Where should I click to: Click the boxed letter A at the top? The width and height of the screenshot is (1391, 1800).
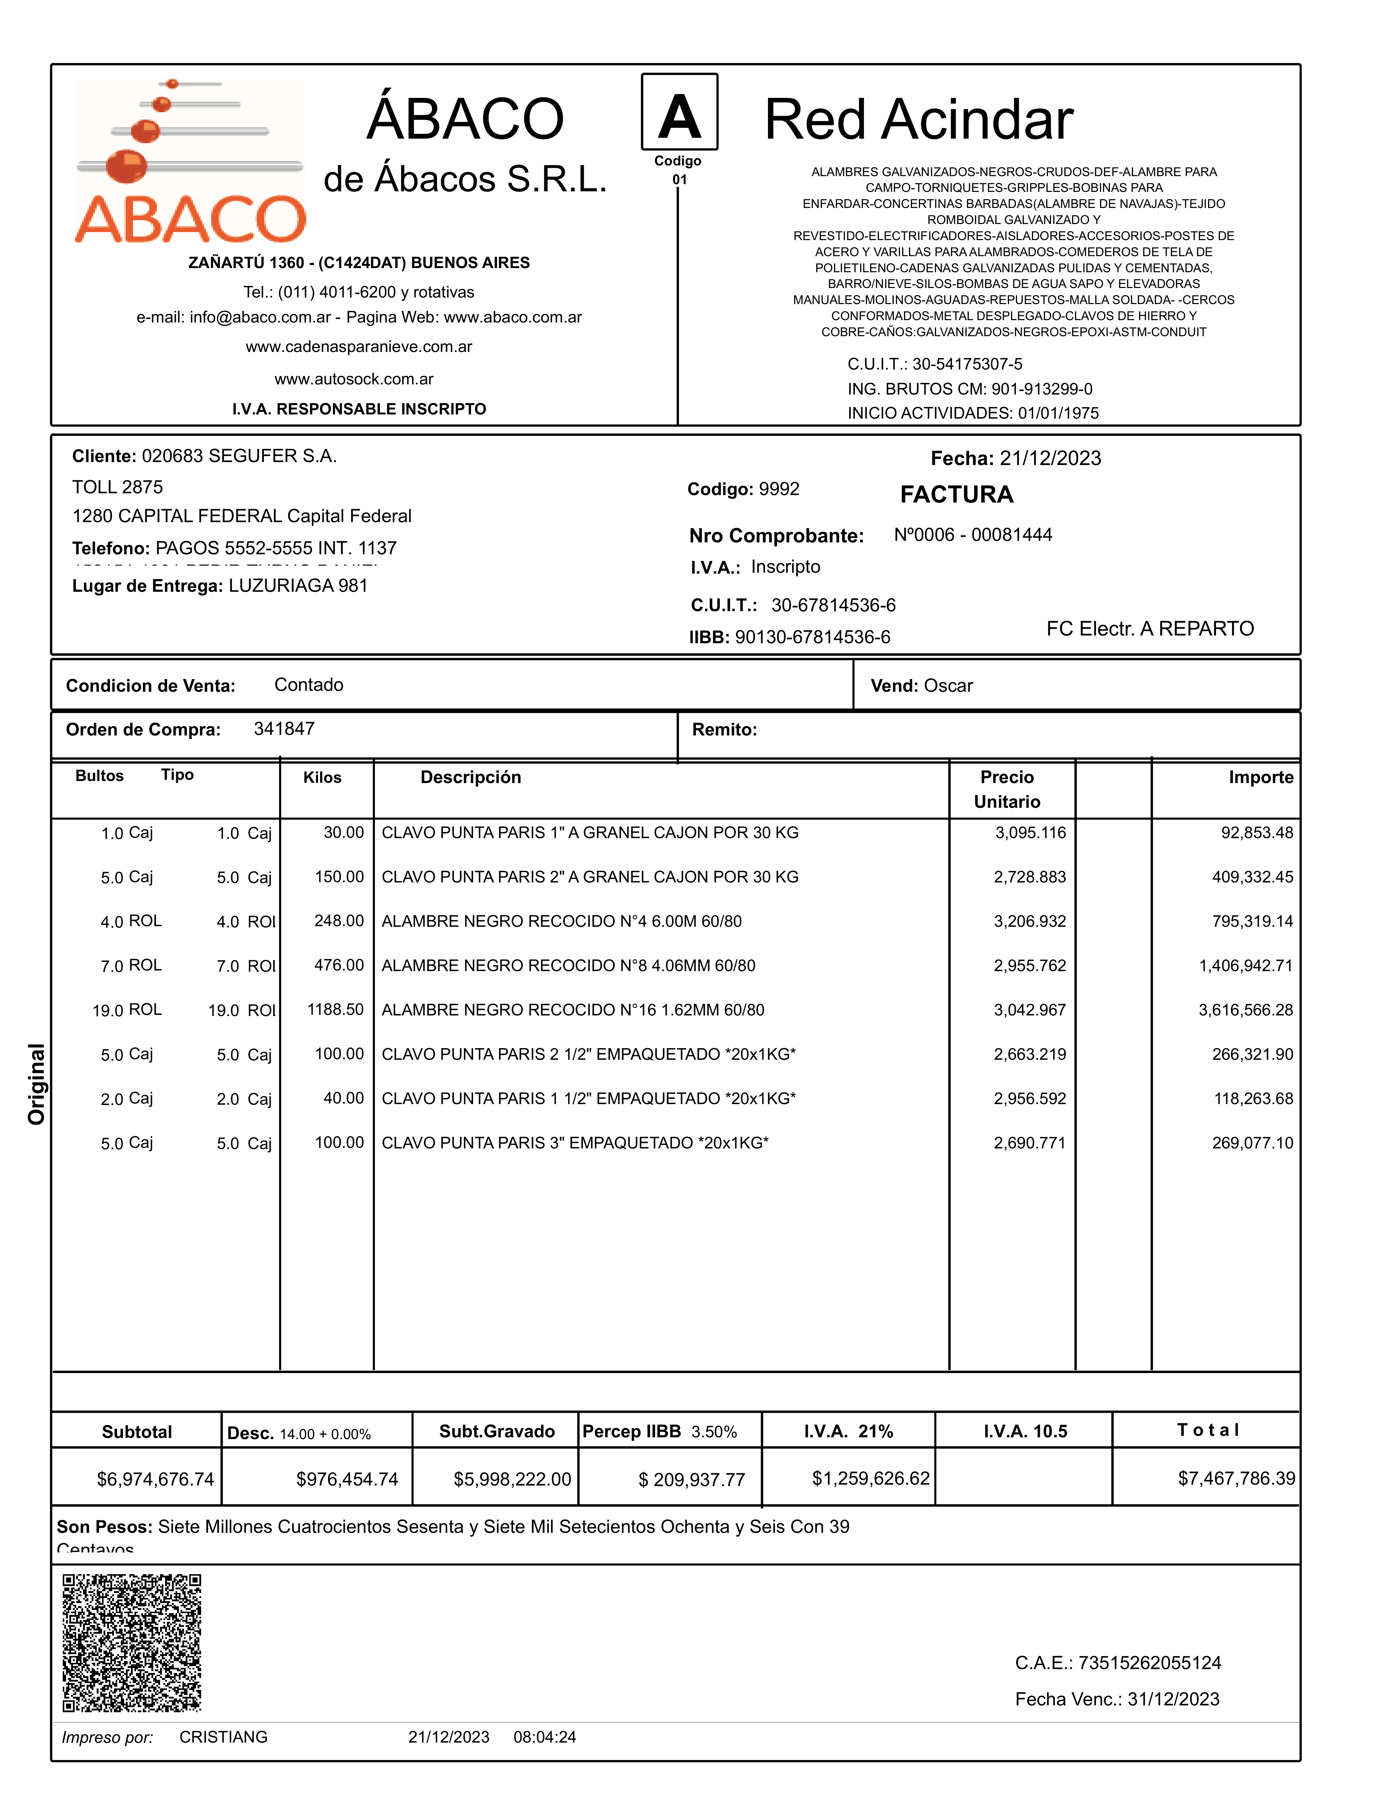point(679,117)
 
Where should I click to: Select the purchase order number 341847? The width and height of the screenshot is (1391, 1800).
point(284,729)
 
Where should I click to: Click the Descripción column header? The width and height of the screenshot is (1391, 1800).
point(470,777)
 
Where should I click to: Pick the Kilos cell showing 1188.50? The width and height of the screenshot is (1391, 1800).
point(335,1009)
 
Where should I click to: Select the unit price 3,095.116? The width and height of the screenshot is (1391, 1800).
point(1030,832)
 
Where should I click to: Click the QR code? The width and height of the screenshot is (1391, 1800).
point(132,1644)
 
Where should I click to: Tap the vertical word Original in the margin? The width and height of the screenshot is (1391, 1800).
point(36,1084)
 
